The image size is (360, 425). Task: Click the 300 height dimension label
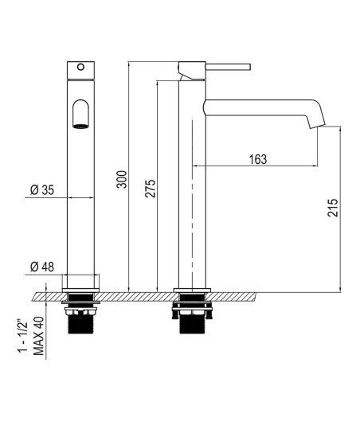pyautogui.click(x=122, y=179)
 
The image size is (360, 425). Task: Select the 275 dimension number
pyautogui.click(x=151, y=188)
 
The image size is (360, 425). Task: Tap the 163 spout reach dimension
pyautogui.click(x=258, y=159)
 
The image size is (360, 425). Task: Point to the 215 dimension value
pyautogui.click(x=333, y=208)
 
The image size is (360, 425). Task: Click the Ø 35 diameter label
pyautogui.click(x=42, y=190)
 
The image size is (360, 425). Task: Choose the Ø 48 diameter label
pyautogui.click(x=42, y=267)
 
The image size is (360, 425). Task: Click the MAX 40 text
pyautogui.click(x=38, y=336)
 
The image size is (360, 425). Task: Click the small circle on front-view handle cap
pyautogui.click(x=80, y=67)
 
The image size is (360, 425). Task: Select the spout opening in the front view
pyautogui.click(x=81, y=114)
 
